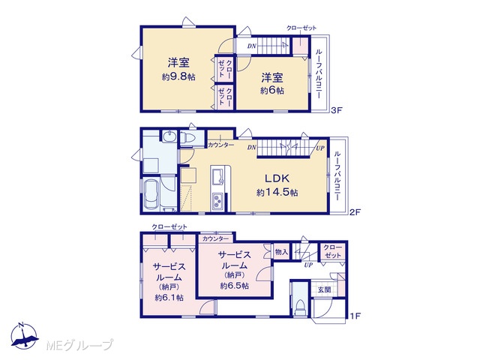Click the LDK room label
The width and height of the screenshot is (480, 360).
click(277, 178)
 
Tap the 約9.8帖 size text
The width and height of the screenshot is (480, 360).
click(178, 76)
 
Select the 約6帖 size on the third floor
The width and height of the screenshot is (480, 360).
click(272, 90)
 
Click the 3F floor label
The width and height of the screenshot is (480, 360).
click(336, 110)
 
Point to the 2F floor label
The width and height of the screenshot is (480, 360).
click(355, 211)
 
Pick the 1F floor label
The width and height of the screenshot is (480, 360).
click(355, 316)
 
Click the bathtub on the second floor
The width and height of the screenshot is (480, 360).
click(151, 194)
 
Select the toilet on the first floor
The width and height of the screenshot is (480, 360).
click(300, 307)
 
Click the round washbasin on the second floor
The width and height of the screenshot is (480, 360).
click(168, 136)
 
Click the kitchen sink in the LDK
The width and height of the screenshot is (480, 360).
click(217, 177)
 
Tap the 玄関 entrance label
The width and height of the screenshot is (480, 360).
click(324, 289)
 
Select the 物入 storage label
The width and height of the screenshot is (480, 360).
click(282, 252)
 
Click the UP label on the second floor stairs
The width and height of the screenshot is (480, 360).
click(320, 148)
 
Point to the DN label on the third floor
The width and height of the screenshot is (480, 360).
click(252, 46)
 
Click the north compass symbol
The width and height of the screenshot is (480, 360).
click(25, 336)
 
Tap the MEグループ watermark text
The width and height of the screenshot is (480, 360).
click(79, 345)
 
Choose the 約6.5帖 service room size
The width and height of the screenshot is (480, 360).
click(234, 286)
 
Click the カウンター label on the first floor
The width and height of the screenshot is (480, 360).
click(215, 238)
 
